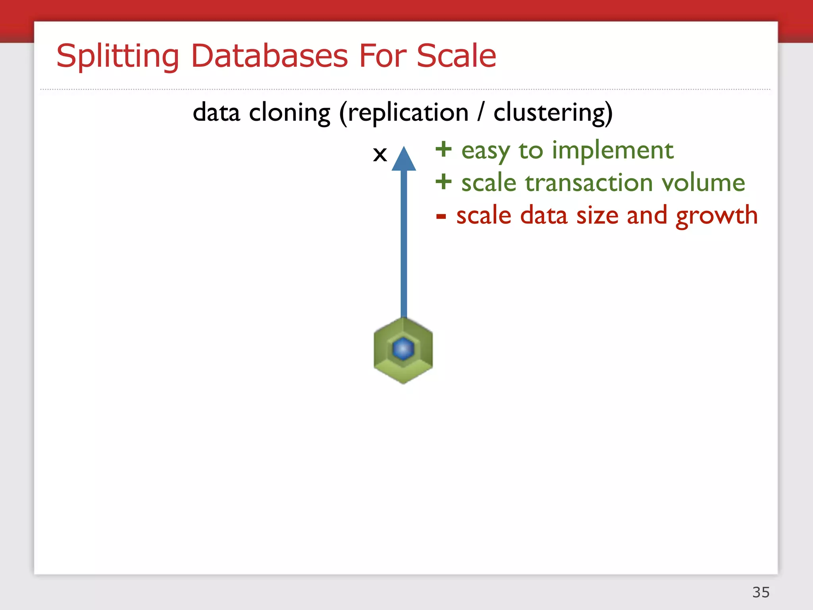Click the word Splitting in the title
pyautogui.click(x=118, y=56)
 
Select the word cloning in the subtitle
pyautogui.click(x=289, y=113)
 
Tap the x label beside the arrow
pyautogui.click(x=380, y=154)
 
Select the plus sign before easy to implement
pyautogui.click(x=443, y=150)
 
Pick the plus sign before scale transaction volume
pyautogui.click(x=443, y=182)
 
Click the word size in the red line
pyautogui.click(x=597, y=216)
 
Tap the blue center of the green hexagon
pyautogui.click(x=403, y=349)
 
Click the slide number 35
pyautogui.click(x=761, y=592)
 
